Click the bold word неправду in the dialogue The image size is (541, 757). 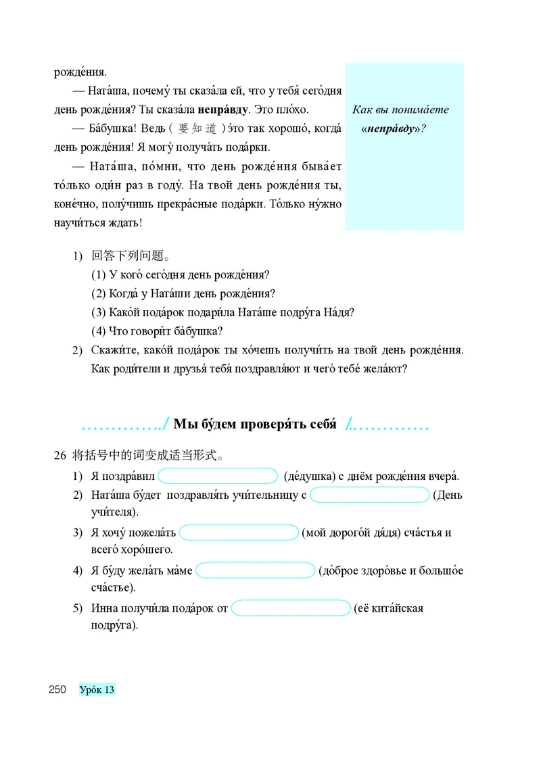pos(224,109)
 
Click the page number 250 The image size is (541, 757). pos(57,689)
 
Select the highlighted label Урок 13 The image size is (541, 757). pos(97,689)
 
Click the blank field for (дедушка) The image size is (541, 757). pos(218,476)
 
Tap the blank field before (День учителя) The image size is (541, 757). pos(370,495)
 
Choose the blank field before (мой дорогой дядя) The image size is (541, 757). pos(239,533)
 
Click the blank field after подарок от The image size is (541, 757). pos(291,608)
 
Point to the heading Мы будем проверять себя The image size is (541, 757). pos(255,424)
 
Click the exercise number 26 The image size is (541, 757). pos(59,456)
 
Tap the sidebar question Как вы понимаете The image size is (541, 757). pos(401,109)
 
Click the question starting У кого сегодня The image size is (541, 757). pos(180,275)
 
